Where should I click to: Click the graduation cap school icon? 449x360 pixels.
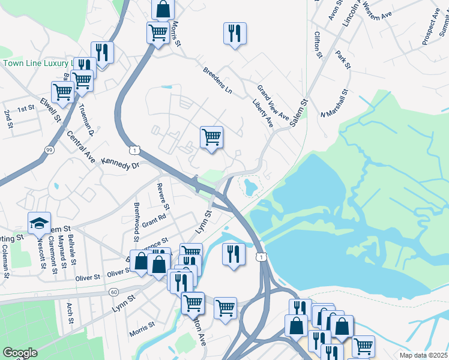click(40, 223)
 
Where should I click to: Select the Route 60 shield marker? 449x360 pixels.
click(114, 292)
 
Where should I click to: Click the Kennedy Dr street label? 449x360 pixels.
click(120, 163)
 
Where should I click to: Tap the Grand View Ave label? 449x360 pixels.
click(273, 101)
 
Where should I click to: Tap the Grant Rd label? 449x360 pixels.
click(154, 220)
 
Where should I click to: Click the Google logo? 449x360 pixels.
click(20, 353)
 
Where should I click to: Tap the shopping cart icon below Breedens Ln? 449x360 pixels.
click(211, 138)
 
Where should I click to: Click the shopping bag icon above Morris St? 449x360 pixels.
click(163, 9)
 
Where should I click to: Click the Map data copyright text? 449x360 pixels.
click(423, 355)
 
